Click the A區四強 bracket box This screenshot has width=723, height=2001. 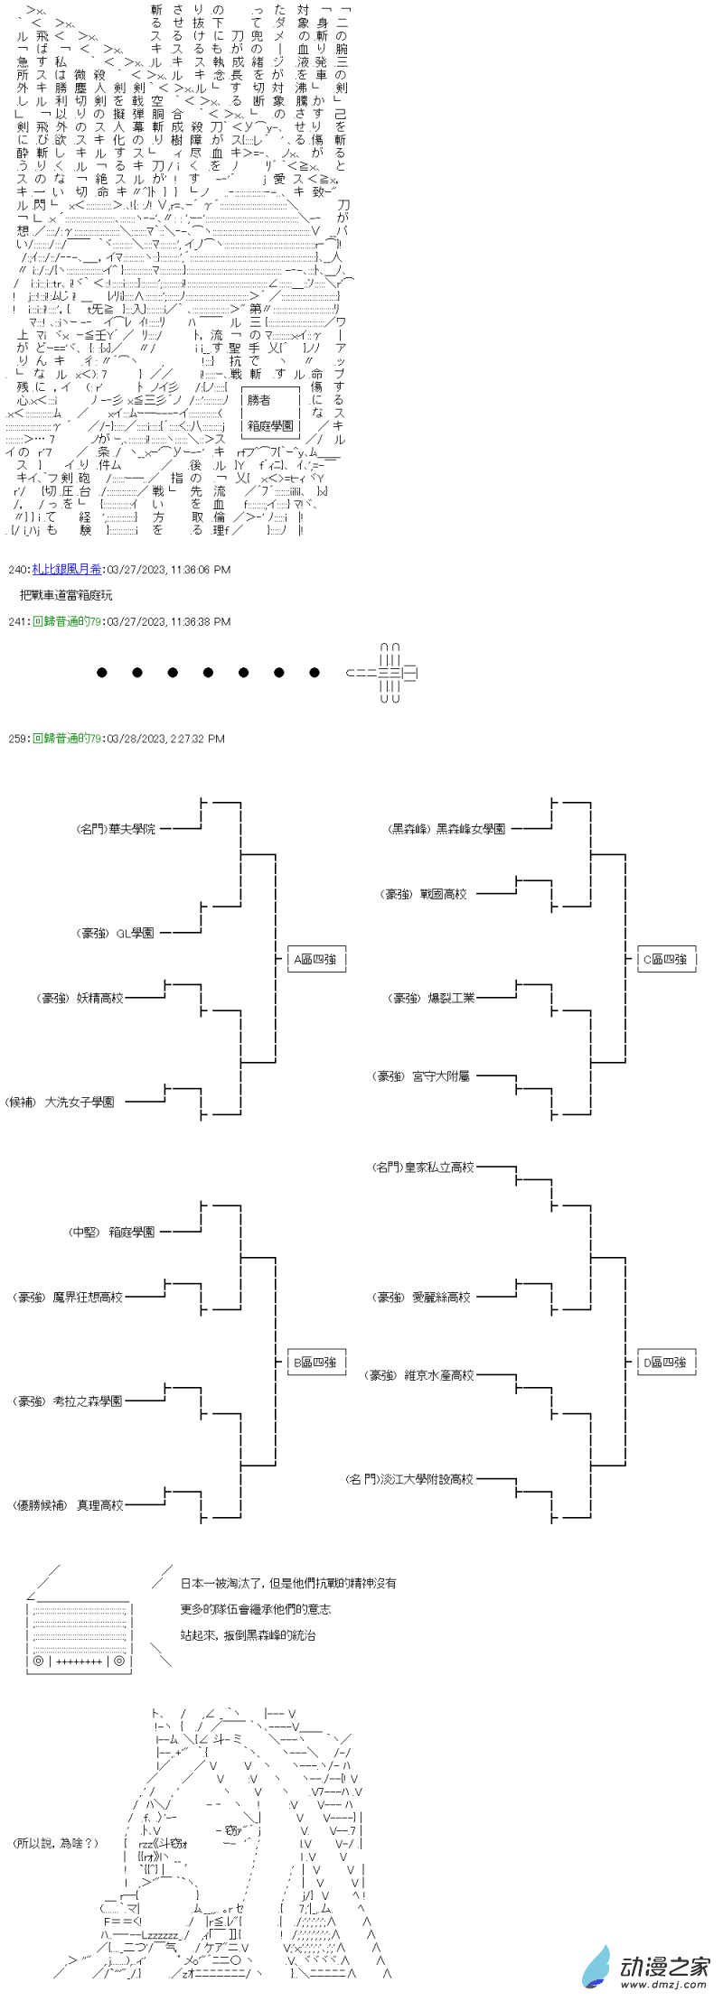tap(315, 959)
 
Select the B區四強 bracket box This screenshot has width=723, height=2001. tap(315, 1362)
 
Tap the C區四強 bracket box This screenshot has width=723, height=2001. tap(665, 959)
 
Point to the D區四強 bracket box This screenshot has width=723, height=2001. tap(665, 1362)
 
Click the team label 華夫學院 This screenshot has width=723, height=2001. tap(131, 828)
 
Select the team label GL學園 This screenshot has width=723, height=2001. tap(135, 933)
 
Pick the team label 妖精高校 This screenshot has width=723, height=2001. tap(100, 998)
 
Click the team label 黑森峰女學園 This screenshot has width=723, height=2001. tap(470, 828)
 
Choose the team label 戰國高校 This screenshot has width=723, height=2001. tap(443, 894)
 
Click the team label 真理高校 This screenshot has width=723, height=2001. tap(100, 1505)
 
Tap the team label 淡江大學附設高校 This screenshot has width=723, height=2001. tap(437, 1479)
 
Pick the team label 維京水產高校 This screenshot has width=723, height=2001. tap(438, 1375)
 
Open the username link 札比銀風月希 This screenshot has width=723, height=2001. tap(67, 569)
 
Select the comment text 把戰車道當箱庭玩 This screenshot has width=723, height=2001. tap(66, 595)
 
